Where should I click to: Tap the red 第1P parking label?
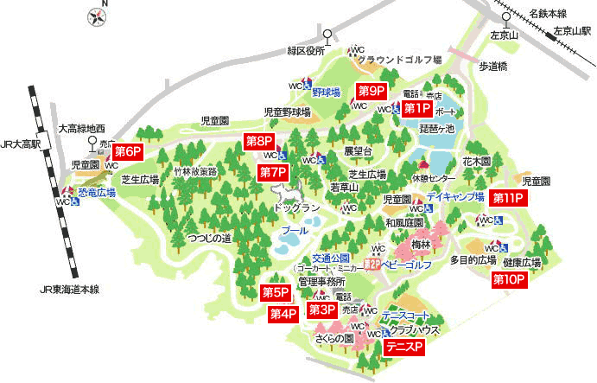click(x=416, y=108)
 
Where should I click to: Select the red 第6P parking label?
click(x=127, y=151)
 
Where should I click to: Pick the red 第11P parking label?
click(x=508, y=198)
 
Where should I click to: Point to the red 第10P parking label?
click(x=509, y=279)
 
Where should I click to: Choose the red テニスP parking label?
click(x=403, y=347)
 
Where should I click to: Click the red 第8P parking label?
click(x=259, y=140)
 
